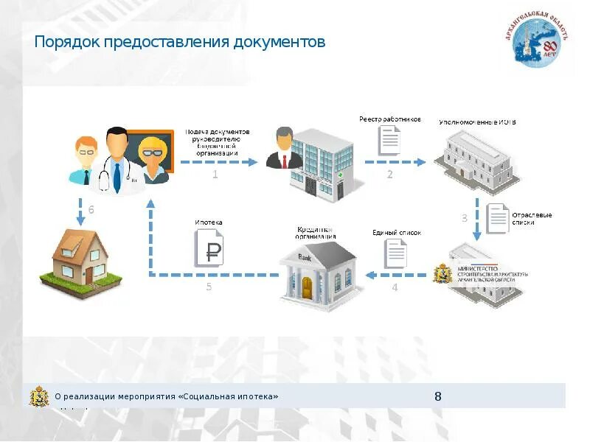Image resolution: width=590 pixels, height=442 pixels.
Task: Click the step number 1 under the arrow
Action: coord(215,175)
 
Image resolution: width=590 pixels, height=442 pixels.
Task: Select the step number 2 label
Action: coord(390,175)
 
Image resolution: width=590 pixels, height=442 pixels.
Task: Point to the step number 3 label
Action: coord(464,218)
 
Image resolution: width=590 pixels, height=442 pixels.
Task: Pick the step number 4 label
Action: coord(395,287)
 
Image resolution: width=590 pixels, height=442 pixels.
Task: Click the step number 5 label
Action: coord(209,287)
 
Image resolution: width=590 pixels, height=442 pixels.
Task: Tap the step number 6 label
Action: coord(91,210)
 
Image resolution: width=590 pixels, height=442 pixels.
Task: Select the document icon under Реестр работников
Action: coord(389,140)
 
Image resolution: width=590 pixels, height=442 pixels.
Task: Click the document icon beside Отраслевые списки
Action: coord(497,218)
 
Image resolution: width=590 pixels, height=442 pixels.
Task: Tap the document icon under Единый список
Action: coord(395,254)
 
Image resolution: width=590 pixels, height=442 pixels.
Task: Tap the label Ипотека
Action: coord(208,222)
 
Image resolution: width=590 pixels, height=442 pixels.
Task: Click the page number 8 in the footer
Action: coord(438,396)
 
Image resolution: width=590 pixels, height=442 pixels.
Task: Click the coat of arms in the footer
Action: coord(39,396)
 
